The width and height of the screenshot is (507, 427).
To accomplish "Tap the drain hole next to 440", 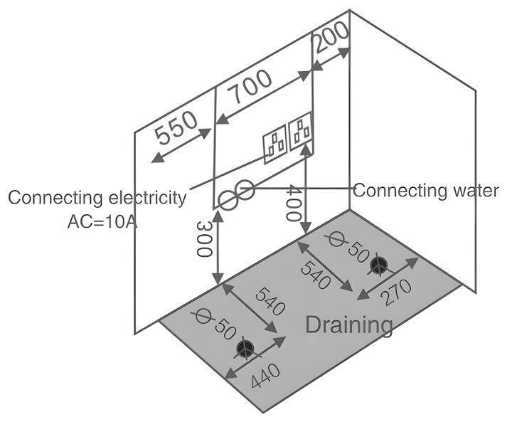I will (x=246, y=348).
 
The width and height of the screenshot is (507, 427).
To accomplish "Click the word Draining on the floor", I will (x=348, y=325).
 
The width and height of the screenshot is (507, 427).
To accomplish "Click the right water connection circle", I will (x=245, y=189).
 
